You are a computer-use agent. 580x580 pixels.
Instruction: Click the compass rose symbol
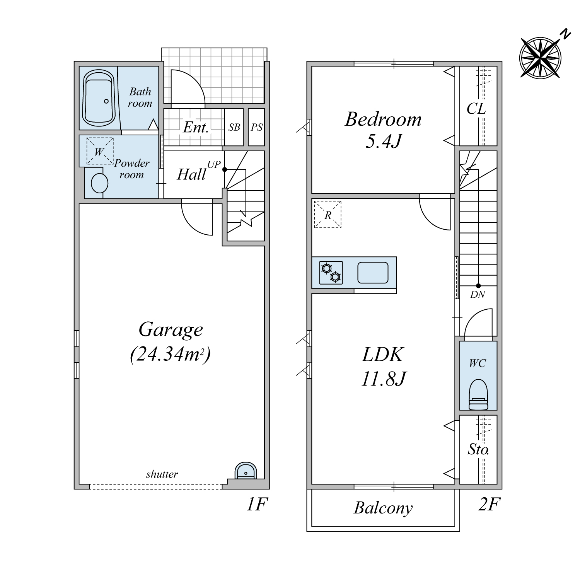pos(540,57)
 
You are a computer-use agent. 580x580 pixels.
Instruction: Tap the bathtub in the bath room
pos(99,98)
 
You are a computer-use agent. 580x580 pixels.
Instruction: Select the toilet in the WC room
pos(478,394)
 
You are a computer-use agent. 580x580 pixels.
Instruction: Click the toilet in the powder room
pos(99,183)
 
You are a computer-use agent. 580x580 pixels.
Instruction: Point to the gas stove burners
pos(331,273)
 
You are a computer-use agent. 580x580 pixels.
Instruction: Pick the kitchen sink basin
pos(373,273)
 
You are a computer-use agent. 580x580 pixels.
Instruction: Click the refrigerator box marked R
pos(328,214)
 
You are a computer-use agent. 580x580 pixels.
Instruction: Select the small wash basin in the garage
pos(246,471)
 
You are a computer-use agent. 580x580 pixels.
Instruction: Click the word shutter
pos(162,474)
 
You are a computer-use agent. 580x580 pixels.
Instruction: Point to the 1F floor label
pos(257,504)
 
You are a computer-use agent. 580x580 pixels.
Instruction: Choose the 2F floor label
pos(489,504)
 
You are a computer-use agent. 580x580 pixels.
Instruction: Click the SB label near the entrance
pos(234,127)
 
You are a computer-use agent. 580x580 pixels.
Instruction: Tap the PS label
pos(257,127)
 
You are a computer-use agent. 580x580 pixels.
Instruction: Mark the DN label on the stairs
pos(478,295)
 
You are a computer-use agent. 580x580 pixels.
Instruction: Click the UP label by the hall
pos(214,164)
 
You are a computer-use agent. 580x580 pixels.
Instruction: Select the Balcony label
pos(383,508)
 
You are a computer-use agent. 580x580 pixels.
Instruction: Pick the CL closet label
pos(476,109)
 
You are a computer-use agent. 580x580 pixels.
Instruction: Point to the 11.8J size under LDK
pos(383,379)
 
